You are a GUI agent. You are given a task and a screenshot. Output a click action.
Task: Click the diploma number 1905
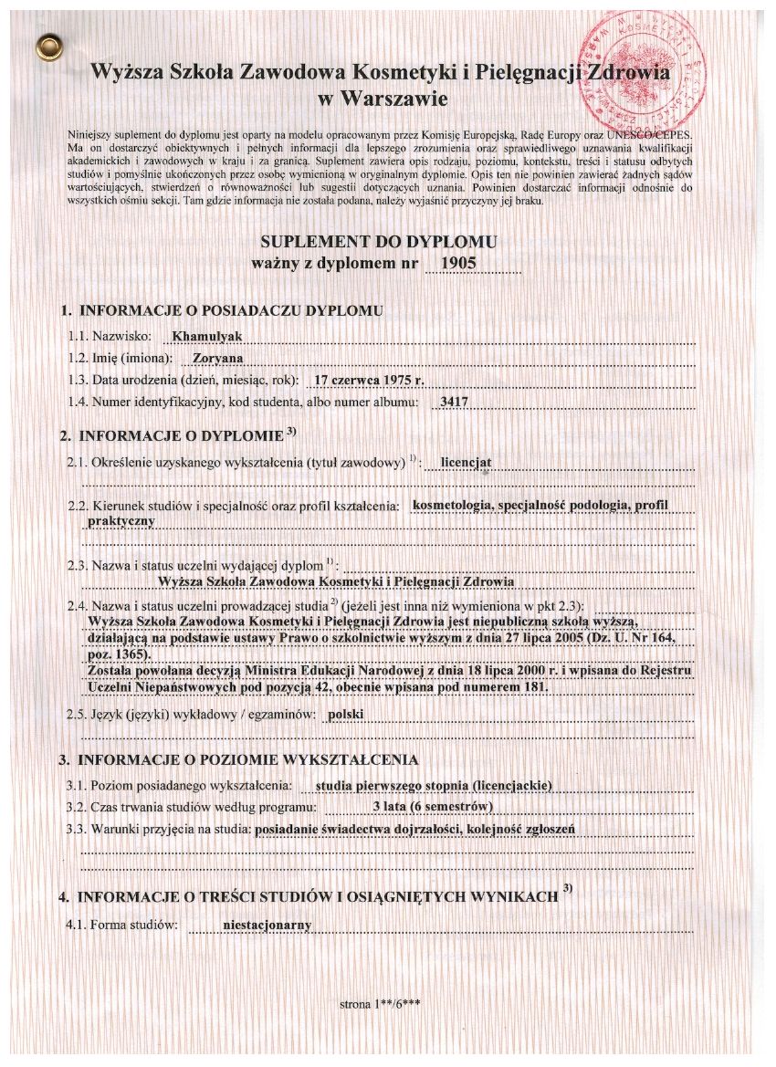[457, 263]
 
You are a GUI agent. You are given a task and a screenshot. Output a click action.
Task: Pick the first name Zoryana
[217, 358]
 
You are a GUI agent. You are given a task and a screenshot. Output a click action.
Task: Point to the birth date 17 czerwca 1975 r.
[369, 379]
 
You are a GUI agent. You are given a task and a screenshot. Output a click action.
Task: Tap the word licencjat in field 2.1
[466, 462]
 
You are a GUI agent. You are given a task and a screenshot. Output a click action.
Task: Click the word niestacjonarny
[267, 925]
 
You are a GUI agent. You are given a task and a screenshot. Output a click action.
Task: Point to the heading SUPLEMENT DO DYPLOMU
[379, 243]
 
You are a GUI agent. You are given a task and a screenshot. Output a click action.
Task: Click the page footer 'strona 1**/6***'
[379, 1005]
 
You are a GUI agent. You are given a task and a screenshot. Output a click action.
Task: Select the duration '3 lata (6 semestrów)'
[434, 807]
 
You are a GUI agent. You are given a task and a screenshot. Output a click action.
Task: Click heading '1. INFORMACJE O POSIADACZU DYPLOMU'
[222, 310]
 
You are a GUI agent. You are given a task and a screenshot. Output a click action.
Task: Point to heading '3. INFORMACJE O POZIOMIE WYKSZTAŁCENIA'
[238, 759]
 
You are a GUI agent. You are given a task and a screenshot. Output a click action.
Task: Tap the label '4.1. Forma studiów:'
[121, 926]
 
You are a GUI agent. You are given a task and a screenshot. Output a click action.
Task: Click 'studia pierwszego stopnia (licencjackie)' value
[433, 785]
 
